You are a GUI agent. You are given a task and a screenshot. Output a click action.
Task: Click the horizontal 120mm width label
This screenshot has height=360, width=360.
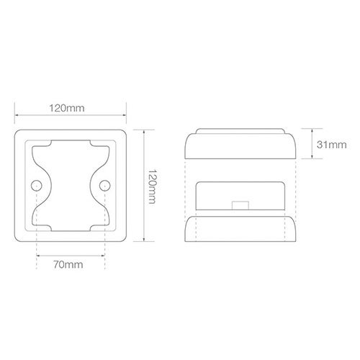[67, 108]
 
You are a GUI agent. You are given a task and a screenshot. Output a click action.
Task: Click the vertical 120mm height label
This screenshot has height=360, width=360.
[152, 186]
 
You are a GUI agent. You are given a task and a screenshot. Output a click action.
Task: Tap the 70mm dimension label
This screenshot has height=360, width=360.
[68, 265]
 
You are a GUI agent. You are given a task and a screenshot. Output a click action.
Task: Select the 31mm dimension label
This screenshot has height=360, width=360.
[332, 145]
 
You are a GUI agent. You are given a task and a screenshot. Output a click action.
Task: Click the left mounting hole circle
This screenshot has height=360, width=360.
[37, 186]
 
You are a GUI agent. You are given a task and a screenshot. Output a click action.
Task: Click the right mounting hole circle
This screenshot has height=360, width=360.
[105, 186]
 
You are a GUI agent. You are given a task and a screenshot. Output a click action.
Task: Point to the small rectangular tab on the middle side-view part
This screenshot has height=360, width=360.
[240, 206]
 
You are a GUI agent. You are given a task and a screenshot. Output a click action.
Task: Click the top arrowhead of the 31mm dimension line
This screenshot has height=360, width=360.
[312, 130]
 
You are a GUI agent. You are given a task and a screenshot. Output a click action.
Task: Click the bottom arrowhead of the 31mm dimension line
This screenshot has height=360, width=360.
[312, 157]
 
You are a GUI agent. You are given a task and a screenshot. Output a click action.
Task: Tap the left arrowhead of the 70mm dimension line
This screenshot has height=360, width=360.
[38, 256]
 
